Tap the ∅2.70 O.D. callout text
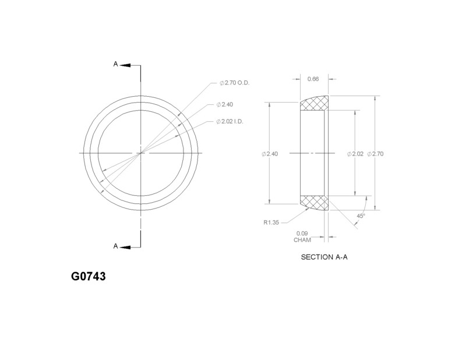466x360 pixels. click(233, 83)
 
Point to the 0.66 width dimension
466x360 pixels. click(313, 79)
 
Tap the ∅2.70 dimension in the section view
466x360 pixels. click(376, 154)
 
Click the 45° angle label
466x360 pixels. click(361, 216)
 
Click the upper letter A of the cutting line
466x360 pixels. click(116, 65)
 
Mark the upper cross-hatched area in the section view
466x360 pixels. click(314, 105)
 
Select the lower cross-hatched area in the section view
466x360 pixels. click(314, 202)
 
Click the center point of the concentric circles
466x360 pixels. click(140, 153)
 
